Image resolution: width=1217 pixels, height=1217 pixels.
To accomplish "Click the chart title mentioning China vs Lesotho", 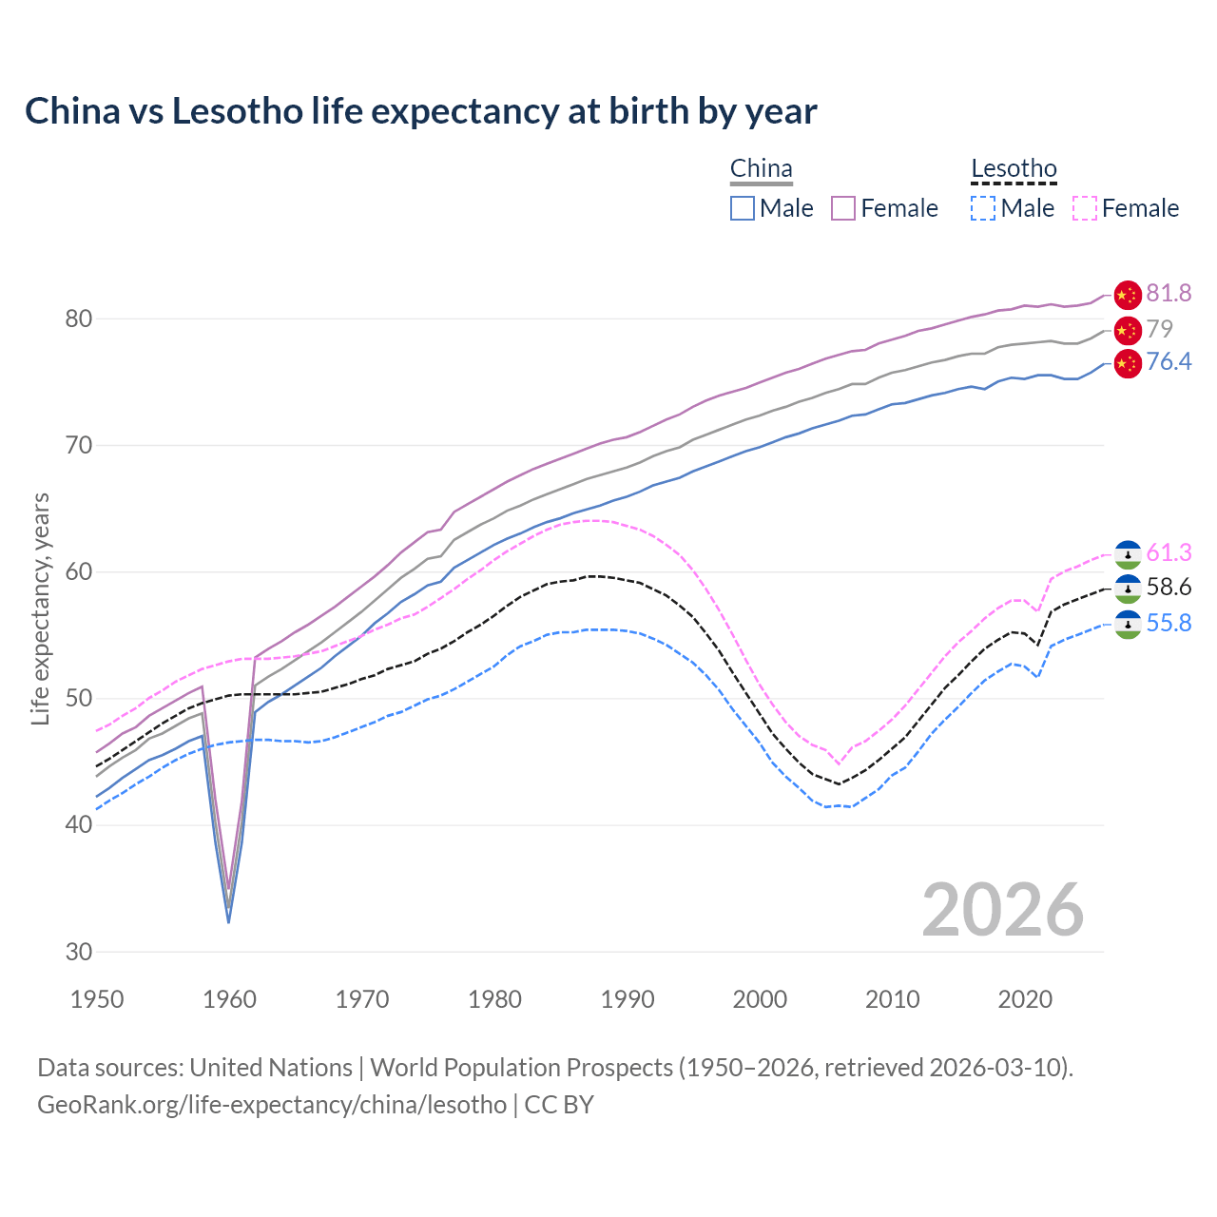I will pyautogui.click(x=420, y=111).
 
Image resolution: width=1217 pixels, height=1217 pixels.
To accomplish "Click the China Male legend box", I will pyautogui.click(x=743, y=208).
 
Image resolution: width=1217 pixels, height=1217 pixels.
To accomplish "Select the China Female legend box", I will pyautogui.click(x=843, y=208).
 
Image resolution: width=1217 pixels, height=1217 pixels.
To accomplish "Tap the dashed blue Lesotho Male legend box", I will pyautogui.click(x=983, y=208).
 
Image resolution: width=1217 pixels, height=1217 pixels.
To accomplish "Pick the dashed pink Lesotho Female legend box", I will pyautogui.click(x=1085, y=208).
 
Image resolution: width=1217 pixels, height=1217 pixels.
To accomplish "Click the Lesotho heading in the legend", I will pyautogui.click(x=1014, y=169).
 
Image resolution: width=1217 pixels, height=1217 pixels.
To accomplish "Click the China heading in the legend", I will pyautogui.click(x=761, y=169).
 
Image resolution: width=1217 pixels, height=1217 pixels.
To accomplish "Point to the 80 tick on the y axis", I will pyautogui.click(x=78, y=319).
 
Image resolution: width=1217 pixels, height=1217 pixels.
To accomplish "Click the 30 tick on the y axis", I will pyautogui.click(x=78, y=952).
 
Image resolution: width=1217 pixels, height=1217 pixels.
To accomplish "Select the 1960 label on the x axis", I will pyautogui.click(x=230, y=999).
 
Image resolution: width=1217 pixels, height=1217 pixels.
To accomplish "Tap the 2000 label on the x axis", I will pyautogui.click(x=760, y=999).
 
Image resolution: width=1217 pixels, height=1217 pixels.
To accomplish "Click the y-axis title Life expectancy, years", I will pyautogui.click(x=40, y=608).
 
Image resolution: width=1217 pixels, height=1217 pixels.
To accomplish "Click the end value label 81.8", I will pyautogui.click(x=1169, y=294).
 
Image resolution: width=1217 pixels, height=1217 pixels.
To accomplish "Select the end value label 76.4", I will pyautogui.click(x=1169, y=362).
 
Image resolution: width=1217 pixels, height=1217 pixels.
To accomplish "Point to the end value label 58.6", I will pyautogui.click(x=1169, y=588).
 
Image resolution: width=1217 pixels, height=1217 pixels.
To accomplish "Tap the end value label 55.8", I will pyautogui.click(x=1169, y=624).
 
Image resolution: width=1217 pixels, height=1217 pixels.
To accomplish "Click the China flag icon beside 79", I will pyautogui.click(x=1128, y=330).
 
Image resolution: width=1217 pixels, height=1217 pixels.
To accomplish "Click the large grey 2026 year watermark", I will pyautogui.click(x=1003, y=910).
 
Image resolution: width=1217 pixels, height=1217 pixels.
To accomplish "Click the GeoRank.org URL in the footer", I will pyautogui.click(x=272, y=1105).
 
